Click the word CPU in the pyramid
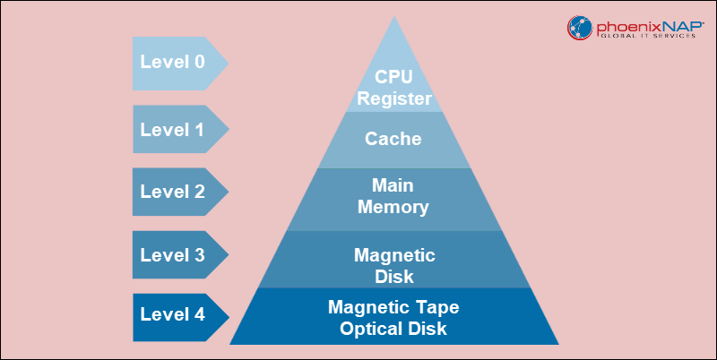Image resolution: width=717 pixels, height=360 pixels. [x=394, y=79]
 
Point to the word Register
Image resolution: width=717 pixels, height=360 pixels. [x=394, y=99]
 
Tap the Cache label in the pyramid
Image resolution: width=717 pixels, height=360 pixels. [x=394, y=140]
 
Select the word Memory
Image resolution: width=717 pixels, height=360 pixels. [x=394, y=208]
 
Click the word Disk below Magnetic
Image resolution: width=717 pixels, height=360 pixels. [x=394, y=276]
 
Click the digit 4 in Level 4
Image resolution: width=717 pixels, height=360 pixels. [x=198, y=315]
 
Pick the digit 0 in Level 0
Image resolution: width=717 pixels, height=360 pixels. [x=198, y=62]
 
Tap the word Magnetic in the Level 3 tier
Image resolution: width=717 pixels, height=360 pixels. [x=394, y=255]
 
